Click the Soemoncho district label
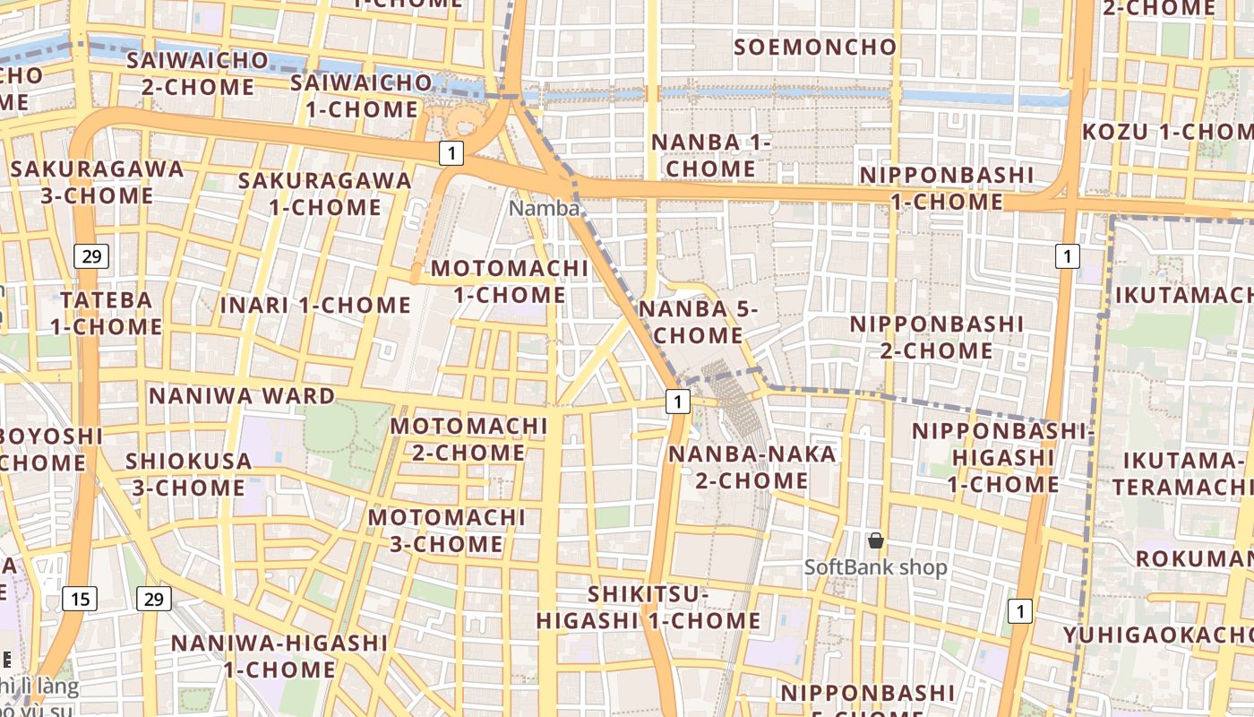tap(814, 48)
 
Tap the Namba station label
tap(544, 209)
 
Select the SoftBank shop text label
tap(875, 567)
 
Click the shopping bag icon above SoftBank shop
tap(876, 540)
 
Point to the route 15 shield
tap(80, 599)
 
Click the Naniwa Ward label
tap(242, 395)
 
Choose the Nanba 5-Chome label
tap(698, 323)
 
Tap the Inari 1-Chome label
tap(315, 305)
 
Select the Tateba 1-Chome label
tap(106, 313)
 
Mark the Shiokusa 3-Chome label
tap(188, 474)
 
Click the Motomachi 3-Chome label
tap(446, 531)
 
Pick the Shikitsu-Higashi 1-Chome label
tap(648, 608)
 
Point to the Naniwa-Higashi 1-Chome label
tap(279, 656)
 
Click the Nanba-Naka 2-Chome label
tap(752, 467)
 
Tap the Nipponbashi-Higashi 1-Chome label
tap(1003, 457)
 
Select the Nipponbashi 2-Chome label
tap(936, 336)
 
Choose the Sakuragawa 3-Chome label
tap(97, 182)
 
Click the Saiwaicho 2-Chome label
tap(197, 73)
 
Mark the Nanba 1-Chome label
tap(711, 155)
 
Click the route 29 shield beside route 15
tap(154, 599)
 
